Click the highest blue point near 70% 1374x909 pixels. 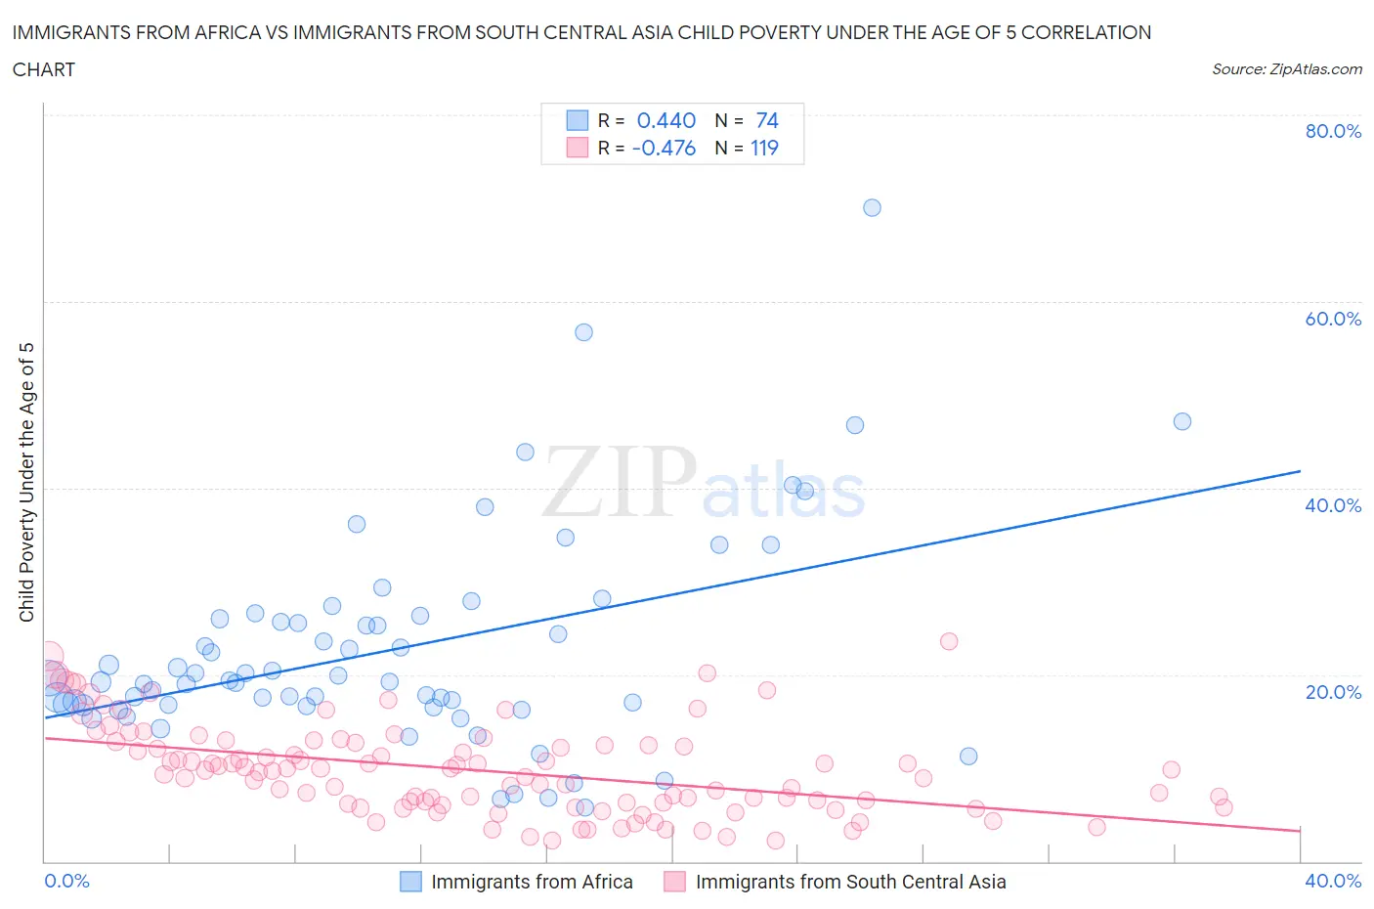[x=872, y=207]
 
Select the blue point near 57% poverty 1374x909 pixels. [x=583, y=332]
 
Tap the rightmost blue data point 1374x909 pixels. [x=1181, y=421]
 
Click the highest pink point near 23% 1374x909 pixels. [x=948, y=641]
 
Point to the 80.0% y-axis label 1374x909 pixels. [x=1333, y=131]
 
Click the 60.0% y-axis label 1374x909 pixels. [x=1333, y=319]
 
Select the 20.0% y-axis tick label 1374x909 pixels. [x=1333, y=692]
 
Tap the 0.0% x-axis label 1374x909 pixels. [x=67, y=881]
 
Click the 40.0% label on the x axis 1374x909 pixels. [x=1333, y=881]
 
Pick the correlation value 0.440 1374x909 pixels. [x=666, y=120]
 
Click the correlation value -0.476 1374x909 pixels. [x=664, y=148]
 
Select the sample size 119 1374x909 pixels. [x=764, y=148]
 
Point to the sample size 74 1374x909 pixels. [x=766, y=120]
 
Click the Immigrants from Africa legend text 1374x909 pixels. [x=532, y=882]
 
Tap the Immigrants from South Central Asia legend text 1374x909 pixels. [x=850, y=882]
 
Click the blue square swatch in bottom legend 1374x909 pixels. [x=410, y=882]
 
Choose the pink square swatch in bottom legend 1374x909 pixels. [x=674, y=882]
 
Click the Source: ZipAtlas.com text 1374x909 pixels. [x=1286, y=69]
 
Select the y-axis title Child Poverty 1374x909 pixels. [x=27, y=482]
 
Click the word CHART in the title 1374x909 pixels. [x=44, y=69]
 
